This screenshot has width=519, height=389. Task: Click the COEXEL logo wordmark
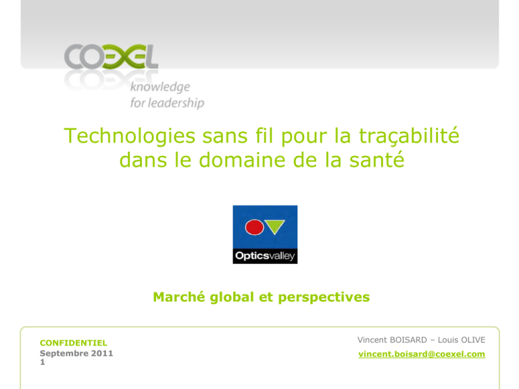tap(112, 57)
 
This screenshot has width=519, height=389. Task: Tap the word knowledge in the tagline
tap(160, 87)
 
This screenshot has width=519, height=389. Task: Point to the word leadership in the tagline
tap(176, 103)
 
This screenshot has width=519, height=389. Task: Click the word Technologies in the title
tap(130, 136)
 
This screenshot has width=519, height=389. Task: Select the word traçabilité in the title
tap(409, 136)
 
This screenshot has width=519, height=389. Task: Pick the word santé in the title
tap(377, 160)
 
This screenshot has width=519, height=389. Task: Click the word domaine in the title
tap(243, 160)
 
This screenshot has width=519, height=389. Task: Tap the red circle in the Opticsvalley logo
tap(254, 227)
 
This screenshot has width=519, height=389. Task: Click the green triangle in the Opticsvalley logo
tap(275, 226)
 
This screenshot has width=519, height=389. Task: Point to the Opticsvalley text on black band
tap(265, 256)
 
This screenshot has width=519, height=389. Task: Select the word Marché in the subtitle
tap(178, 297)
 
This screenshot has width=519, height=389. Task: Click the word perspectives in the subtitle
tap(324, 298)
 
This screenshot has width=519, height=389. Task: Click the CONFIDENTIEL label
tap(74, 343)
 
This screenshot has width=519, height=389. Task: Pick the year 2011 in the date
tap(102, 353)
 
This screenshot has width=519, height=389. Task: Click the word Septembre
tap(64, 354)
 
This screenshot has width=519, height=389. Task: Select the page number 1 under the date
tap(43, 362)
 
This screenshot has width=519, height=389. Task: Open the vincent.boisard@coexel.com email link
tap(422, 355)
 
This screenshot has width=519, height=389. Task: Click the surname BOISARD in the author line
tap(408, 340)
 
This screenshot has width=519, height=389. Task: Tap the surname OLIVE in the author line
tap(474, 340)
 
